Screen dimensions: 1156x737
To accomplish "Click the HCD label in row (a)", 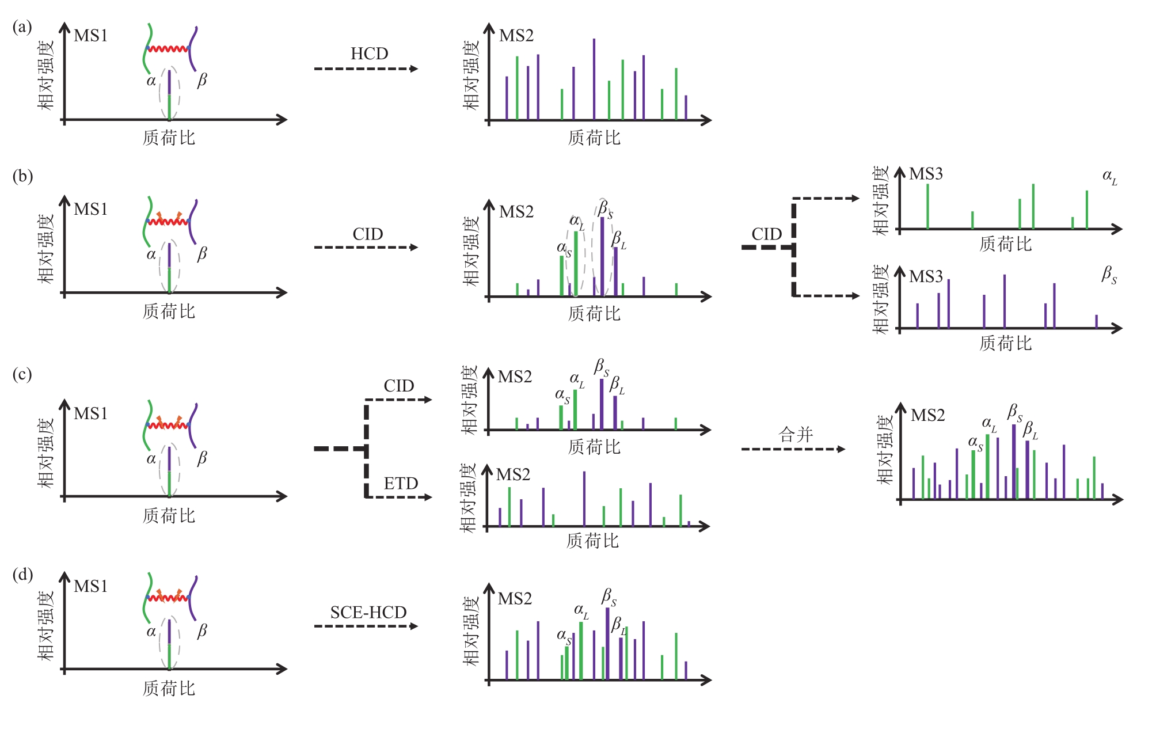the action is pos(369,54).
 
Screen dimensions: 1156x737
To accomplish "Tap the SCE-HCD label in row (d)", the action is pos(368,612).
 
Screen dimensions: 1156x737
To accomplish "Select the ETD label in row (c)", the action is pos(401,483).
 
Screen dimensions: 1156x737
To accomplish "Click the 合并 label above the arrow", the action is pos(796,434).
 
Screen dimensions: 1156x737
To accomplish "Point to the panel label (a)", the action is pos(22,27).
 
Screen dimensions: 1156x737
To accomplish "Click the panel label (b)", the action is pos(22,176).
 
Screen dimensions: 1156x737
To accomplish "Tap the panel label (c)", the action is pos(22,374).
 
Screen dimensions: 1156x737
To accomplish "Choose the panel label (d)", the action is pos(22,574).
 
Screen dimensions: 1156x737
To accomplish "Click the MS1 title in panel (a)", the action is pos(91,36).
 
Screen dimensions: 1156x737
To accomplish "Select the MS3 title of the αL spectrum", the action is pos(926,174).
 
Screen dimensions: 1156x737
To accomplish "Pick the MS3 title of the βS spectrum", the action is pos(926,276).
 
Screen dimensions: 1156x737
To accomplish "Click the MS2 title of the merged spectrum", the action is pos(928,415).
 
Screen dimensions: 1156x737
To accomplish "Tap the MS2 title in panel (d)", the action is pos(515,599).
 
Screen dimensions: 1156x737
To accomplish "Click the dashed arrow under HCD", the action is pos(366,69).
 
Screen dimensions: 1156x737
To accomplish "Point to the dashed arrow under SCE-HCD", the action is pos(366,626).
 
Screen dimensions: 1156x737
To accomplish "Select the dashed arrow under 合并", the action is pos(793,449).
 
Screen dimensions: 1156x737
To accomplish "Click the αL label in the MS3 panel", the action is pos(1110,177).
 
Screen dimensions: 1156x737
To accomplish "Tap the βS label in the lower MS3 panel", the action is pos(1109,275).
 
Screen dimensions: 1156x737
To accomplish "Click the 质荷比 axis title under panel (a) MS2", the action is pos(594,138).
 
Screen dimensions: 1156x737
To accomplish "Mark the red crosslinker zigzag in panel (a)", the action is pos(168,49).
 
